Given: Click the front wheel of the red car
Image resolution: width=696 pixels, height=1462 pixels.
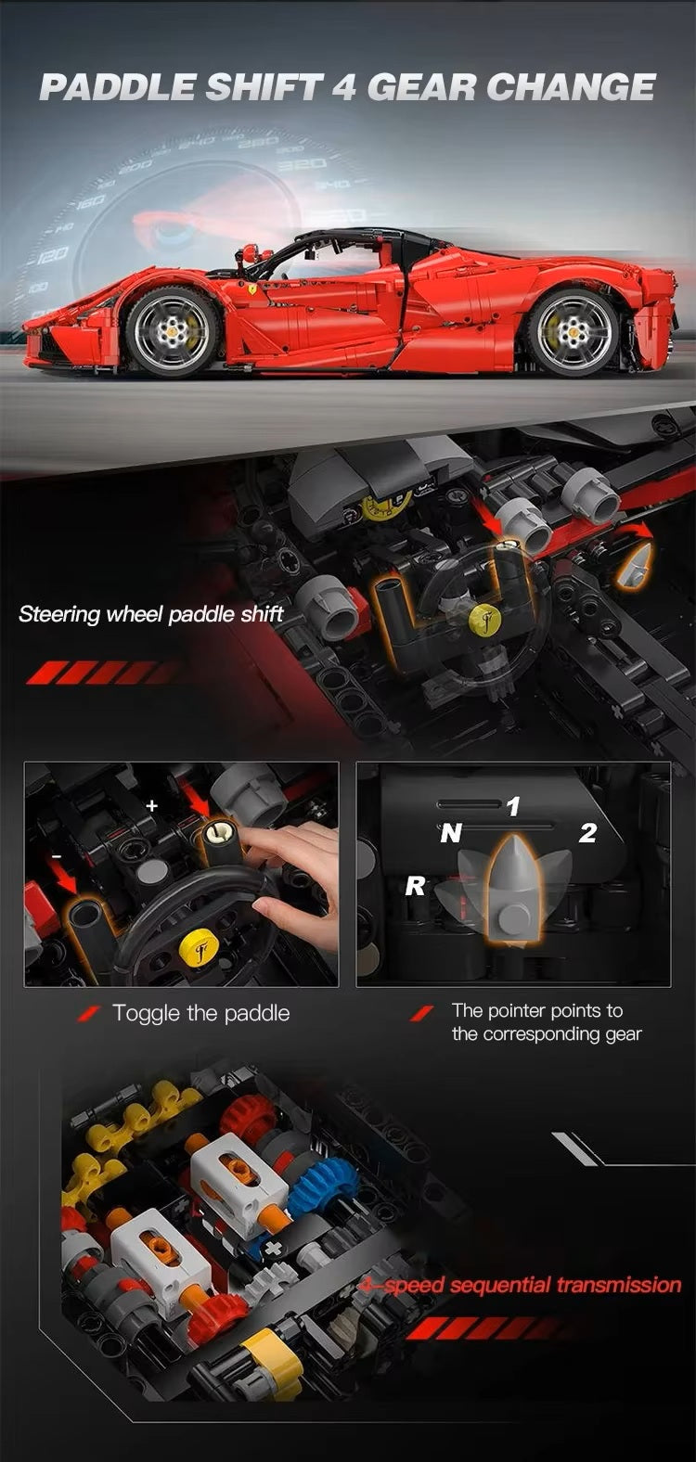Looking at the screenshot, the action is [x=172, y=332].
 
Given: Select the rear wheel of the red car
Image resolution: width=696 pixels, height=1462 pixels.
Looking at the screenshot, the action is [x=574, y=332].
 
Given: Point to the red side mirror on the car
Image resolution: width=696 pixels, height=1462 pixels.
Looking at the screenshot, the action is [x=254, y=252].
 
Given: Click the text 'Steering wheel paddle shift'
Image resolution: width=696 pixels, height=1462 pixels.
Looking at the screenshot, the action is [x=151, y=614].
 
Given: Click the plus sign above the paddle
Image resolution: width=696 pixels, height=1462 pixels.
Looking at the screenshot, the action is [x=152, y=805].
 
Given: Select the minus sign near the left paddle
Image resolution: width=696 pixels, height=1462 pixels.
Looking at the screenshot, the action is [x=57, y=855].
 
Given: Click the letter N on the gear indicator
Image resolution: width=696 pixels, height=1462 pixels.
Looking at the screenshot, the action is [x=451, y=833].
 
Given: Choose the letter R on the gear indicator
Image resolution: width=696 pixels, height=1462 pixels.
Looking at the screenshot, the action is [x=415, y=886].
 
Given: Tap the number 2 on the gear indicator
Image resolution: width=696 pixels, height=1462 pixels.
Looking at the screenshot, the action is [x=587, y=833].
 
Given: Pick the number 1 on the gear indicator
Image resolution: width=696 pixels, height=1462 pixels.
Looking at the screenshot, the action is [x=514, y=807].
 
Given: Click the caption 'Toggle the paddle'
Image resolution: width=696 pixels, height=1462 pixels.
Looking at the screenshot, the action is [x=201, y=1013].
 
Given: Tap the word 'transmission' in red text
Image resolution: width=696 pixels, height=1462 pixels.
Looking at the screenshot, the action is [x=619, y=1285].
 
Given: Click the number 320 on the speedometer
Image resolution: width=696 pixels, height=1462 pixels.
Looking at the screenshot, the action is [x=303, y=163].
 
